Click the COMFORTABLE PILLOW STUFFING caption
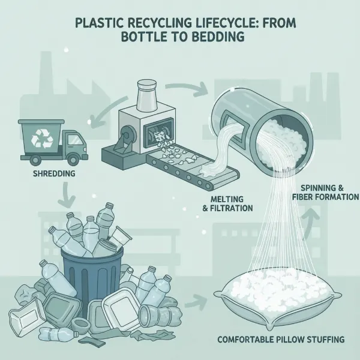[280, 340]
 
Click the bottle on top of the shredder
[146, 92]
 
